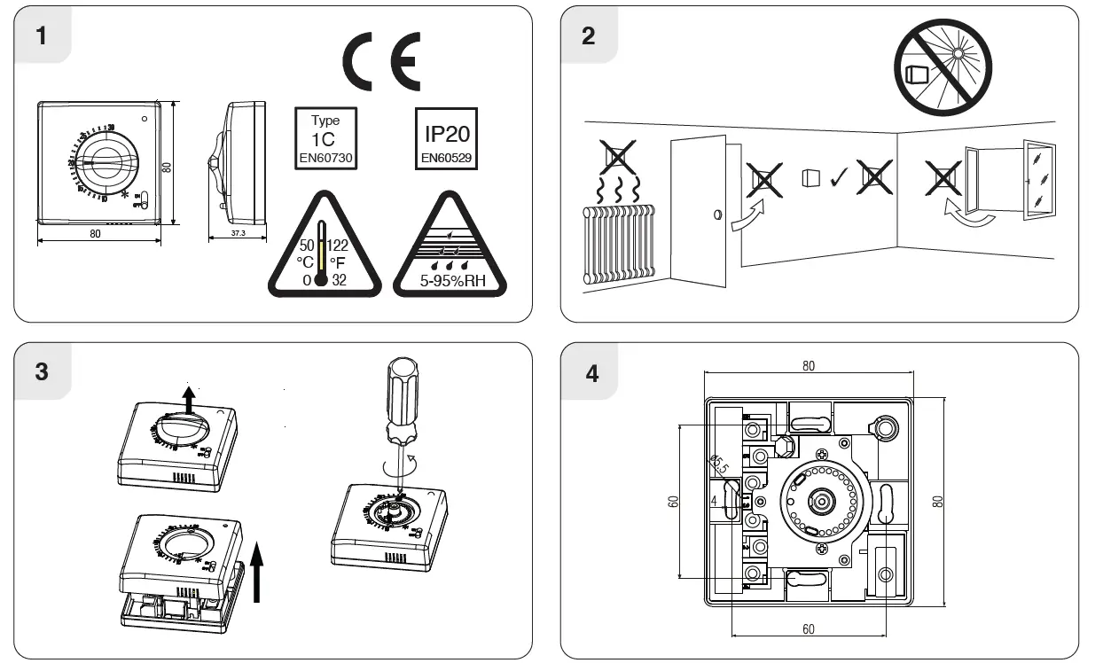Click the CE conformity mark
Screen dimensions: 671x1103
380,63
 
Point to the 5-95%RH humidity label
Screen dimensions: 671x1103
449,282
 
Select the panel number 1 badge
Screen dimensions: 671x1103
42,36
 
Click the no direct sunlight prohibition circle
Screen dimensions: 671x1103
943,67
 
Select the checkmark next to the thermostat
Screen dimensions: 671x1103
837,179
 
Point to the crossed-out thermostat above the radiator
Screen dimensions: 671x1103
619,158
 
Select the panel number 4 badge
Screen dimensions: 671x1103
591,373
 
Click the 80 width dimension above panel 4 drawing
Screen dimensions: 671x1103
809,366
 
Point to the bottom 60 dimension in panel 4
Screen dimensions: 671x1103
808,629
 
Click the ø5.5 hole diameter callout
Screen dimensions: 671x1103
718,465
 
